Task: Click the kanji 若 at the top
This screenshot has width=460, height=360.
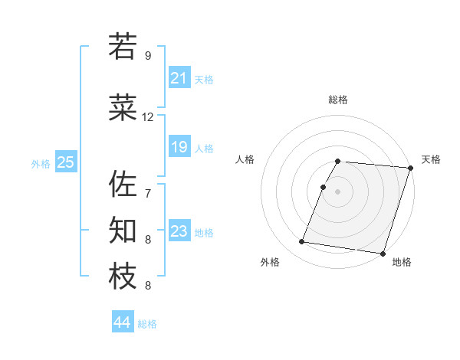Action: point(123,47)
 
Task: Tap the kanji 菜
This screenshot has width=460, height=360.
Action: point(123,109)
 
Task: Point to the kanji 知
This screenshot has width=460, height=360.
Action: point(123,231)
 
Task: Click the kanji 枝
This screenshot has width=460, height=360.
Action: point(123,277)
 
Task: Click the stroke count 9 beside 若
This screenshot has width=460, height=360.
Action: point(148,55)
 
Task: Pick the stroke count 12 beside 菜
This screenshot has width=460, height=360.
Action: point(148,117)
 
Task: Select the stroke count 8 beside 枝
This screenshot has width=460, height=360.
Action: point(148,286)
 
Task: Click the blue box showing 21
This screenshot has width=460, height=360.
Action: point(179,78)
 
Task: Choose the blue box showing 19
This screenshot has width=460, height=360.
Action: point(179,147)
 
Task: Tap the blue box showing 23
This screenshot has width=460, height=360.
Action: point(179,231)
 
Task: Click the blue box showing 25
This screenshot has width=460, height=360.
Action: point(66,162)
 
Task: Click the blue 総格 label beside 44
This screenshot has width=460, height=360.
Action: point(147,324)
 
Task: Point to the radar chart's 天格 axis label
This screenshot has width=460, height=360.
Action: point(431,159)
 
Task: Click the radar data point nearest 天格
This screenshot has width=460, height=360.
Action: point(410,168)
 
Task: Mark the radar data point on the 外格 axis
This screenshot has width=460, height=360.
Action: point(302,242)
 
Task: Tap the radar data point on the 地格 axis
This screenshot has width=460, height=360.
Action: point(382,253)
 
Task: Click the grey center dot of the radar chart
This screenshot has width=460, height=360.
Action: point(337,191)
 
